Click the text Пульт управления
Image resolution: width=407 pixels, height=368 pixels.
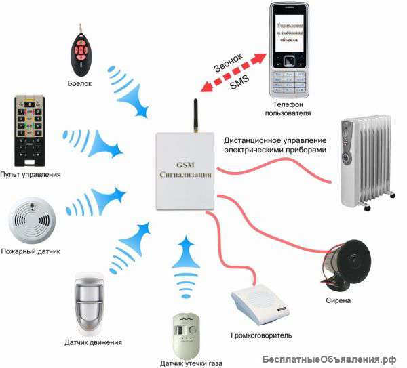[x=31, y=175]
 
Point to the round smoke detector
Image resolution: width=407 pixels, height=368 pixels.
[x=29, y=220]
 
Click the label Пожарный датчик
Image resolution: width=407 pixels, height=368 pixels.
[x=30, y=251]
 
